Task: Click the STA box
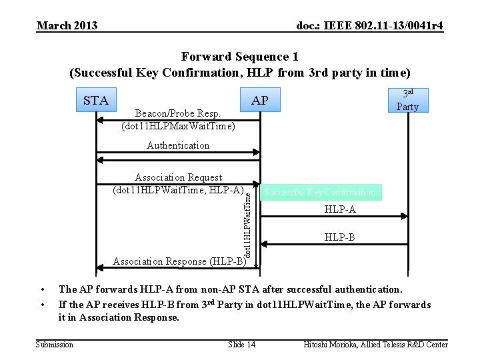click(x=96, y=101)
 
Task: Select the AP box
click(x=260, y=101)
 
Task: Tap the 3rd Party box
click(x=407, y=100)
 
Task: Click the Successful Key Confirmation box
click(x=320, y=193)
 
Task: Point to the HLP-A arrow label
click(x=340, y=209)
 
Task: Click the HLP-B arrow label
click(x=340, y=237)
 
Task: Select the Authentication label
click(x=178, y=145)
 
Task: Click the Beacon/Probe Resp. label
click(x=177, y=113)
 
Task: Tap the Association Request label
click(x=178, y=177)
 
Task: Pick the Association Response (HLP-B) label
click(x=179, y=261)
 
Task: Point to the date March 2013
click(x=67, y=25)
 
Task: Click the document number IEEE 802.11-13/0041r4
click(x=369, y=25)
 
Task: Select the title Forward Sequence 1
click(x=239, y=57)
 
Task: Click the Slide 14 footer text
click(x=241, y=344)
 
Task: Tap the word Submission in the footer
click(x=55, y=344)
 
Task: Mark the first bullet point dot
click(x=42, y=289)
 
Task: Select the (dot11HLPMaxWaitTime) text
click(x=178, y=125)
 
